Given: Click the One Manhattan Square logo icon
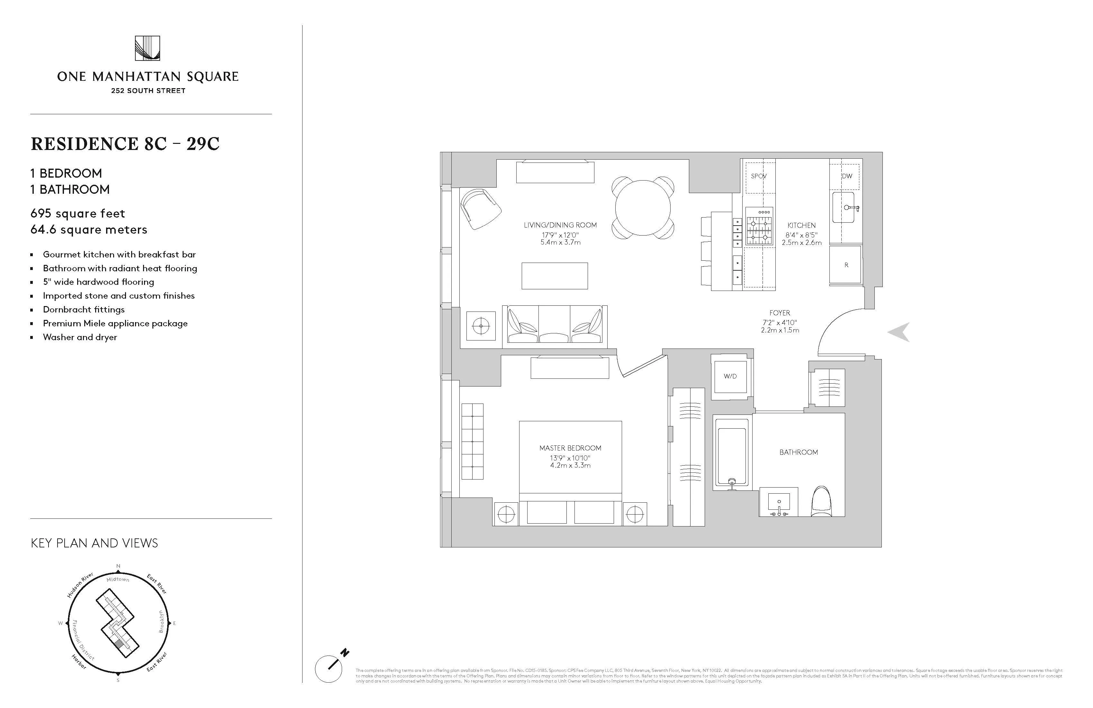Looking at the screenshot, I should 148,48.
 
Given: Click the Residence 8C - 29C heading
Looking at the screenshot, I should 125,144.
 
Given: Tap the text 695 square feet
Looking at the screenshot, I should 77,213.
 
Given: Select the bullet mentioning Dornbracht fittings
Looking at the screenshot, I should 84,309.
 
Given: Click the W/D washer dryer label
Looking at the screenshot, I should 730,376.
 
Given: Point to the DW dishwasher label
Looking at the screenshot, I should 847,176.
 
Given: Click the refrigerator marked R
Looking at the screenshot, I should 846,265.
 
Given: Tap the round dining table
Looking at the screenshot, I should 643,208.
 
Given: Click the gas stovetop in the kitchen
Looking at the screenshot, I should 759,225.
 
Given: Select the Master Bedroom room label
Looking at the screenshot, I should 570,448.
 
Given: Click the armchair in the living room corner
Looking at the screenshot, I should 480,210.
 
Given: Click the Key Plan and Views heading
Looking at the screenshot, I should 94,544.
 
